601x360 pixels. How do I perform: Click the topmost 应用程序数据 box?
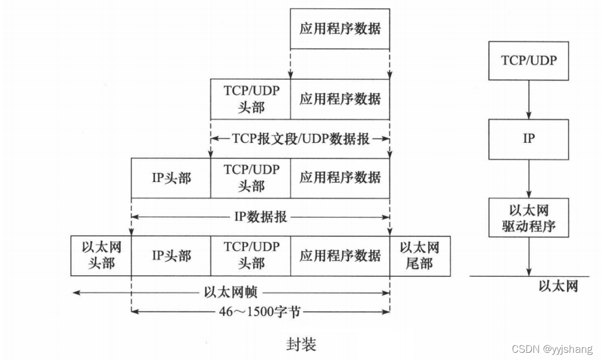[340, 28]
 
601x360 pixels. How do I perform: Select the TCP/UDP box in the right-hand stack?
[528, 60]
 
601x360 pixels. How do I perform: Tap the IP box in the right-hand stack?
[528, 138]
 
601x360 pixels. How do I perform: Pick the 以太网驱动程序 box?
[528, 218]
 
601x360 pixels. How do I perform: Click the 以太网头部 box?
[101, 256]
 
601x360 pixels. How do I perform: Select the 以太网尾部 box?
[420, 256]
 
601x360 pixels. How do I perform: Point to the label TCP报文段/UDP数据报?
[300, 139]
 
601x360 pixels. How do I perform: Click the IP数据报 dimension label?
[261, 217]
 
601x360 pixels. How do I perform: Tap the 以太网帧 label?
[230, 292]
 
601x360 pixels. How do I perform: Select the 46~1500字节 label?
[260, 311]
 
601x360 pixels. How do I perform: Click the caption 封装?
[301, 345]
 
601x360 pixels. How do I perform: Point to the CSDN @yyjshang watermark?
[552, 349]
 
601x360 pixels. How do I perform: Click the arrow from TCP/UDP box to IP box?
[528, 99]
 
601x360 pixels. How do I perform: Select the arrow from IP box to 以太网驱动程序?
[528, 178]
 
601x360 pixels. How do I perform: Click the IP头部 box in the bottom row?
[171, 256]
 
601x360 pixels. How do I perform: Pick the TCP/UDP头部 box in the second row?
[251, 99]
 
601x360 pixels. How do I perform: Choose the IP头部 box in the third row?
[171, 178]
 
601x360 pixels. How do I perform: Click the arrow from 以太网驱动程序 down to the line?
[528, 257]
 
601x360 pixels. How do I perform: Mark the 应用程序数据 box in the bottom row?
[340, 256]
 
